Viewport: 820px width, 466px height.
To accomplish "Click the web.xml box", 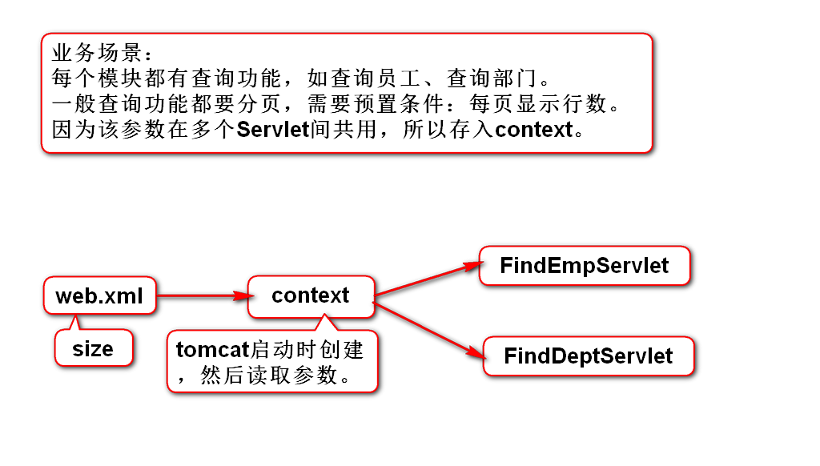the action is point(99,296).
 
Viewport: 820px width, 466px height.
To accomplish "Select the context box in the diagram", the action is point(310,295).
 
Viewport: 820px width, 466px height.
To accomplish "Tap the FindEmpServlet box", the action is point(584,265).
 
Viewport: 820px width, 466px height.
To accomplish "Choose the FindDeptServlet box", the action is point(589,356).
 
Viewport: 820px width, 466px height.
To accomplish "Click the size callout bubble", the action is point(93,349).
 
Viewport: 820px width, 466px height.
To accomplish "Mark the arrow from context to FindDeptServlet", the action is point(428,327).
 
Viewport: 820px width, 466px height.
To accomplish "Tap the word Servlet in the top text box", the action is point(273,129).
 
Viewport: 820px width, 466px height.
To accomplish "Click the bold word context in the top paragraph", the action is point(534,129).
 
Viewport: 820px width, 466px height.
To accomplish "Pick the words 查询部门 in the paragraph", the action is point(496,79).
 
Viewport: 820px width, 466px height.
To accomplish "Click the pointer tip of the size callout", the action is point(76,318).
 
